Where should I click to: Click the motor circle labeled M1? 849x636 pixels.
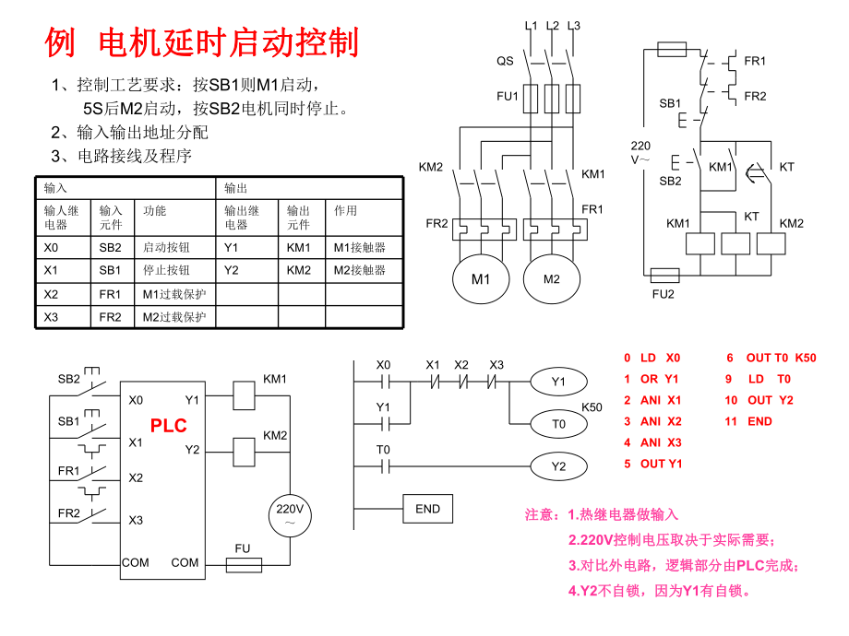pyautogui.click(x=481, y=278)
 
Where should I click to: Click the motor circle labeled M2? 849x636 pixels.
pyautogui.click(x=551, y=278)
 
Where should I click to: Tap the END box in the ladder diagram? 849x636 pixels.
pyautogui.click(x=428, y=508)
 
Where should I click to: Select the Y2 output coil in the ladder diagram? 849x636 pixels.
pyautogui.click(x=558, y=466)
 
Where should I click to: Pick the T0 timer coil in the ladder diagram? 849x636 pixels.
pyautogui.click(x=558, y=423)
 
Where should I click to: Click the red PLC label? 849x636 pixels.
pyautogui.click(x=169, y=425)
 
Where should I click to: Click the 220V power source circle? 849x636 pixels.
pyautogui.click(x=290, y=515)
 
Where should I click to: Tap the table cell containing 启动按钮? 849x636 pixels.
pyautogui.click(x=174, y=247)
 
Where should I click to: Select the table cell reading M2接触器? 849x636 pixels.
pyautogui.click(x=364, y=270)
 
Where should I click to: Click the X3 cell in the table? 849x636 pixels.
pyautogui.click(x=64, y=317)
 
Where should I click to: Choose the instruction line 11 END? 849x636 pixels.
pyautogui.click(x=748, y=421)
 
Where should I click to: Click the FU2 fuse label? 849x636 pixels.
pyautogui.click(x=664, y=294)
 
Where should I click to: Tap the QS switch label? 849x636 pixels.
pyautogui.click(x=505, y=61)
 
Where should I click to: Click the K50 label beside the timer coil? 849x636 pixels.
pyautogui.click(x=591, y=406)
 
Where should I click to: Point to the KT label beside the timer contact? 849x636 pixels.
pyautogui.click(x=786, y=167)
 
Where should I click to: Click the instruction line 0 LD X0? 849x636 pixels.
pyautogui.click(x=652, y=358)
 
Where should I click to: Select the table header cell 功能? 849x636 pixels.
pyautogui.click(x=154, y=211)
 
